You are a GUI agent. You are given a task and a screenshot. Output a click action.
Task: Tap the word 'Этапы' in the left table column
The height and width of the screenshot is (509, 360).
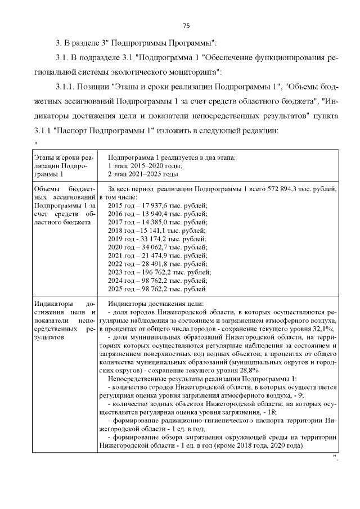(x=44, y=157)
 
